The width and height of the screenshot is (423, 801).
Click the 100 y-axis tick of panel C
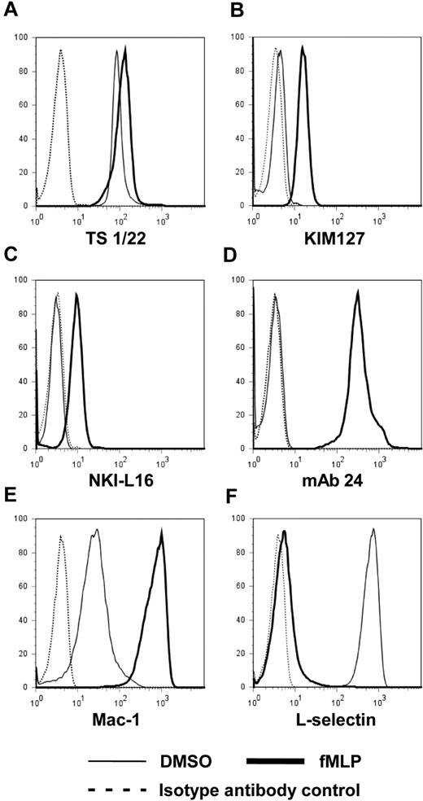coord(25,279)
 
